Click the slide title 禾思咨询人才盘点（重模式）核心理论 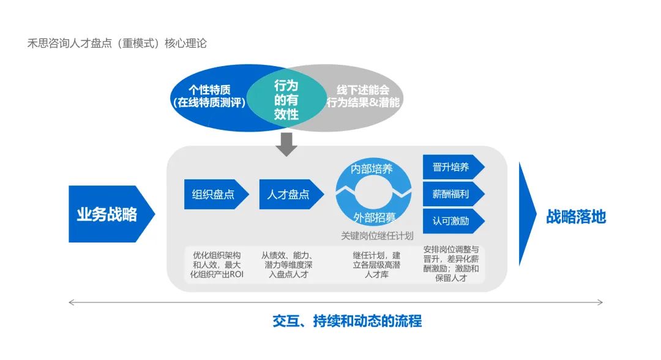[117, 43]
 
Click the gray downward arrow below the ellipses [286, 144]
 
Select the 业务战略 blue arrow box [108, 214]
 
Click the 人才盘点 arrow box [289, 195]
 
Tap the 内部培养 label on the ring [372, 169]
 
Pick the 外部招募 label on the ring [374, 217]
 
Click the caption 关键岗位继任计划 [377, 236]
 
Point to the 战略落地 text [576, 216]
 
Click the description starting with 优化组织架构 [217, 264]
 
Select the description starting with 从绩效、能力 [288, 264]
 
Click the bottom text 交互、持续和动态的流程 [347, 321]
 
